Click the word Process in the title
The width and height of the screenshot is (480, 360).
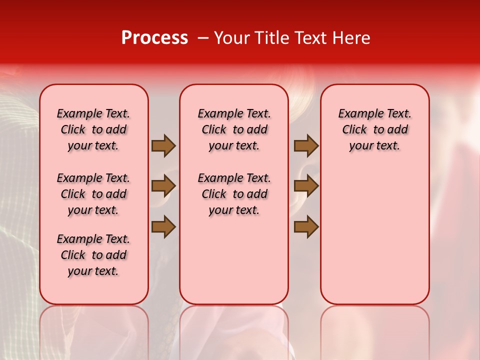pos(154,38)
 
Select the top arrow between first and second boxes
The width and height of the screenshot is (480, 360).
pos(163,145)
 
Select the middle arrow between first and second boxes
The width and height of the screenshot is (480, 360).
pos(163,186)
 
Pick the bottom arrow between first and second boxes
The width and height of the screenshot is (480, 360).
pos(163,226)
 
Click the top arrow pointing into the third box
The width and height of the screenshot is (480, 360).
pos(306,145)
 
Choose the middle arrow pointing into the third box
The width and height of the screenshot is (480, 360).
pos(306,186)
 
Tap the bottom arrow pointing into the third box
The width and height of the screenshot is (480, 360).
pos(306,226)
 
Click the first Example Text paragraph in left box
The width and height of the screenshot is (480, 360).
pos(93,129)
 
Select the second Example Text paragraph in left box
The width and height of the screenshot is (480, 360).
pos(93,194)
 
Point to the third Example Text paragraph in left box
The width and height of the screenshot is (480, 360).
pos(93,255)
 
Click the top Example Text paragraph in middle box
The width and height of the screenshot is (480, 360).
pos(234,129)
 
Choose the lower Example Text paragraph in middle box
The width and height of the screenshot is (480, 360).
pos(234,194)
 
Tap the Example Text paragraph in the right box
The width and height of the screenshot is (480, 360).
pos(375,129)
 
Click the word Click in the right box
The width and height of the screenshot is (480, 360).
pos(354,130)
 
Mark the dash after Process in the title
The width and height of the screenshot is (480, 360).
pos(203,38)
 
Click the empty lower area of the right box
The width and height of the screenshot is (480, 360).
pos(375,240)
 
